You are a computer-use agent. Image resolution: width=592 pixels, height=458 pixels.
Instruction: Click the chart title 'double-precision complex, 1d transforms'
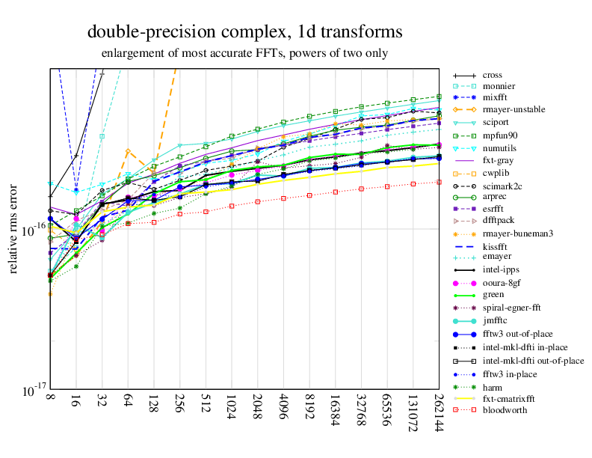pyautogui.click(x=244, y=32)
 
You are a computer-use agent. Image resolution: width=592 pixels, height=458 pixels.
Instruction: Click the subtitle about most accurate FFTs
pyautogui.click(x=245, y=54)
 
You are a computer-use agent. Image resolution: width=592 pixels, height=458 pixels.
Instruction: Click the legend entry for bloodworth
pyautogui.click(x=505, y=410)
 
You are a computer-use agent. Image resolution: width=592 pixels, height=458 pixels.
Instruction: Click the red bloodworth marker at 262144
pyautogui.click(x=439, y=181)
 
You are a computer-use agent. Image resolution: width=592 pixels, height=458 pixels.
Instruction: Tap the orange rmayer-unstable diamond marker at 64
pyautogui.click(x=128, y=152)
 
